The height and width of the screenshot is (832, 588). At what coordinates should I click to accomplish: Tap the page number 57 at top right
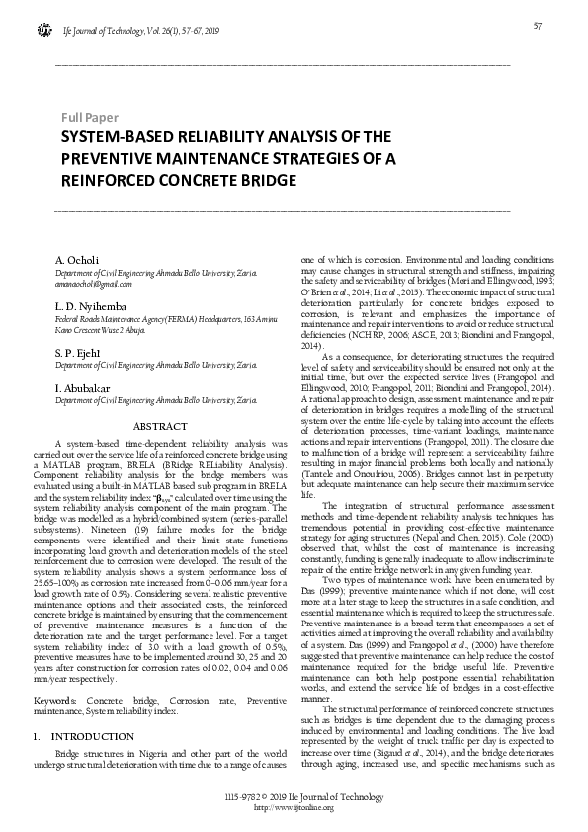(x=539, y=26)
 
